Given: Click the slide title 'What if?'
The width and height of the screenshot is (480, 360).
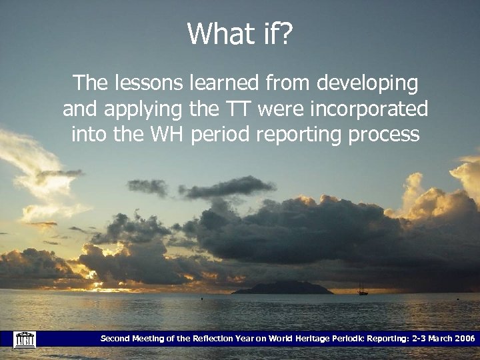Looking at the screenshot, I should [x=240, y=33].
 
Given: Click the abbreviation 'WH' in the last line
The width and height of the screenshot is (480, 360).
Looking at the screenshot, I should [x=166, y=134].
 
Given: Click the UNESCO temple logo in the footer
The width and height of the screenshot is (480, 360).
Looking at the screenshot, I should [x=24, y=339].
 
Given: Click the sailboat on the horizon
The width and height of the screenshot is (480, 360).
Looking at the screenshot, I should [x=363, y=289].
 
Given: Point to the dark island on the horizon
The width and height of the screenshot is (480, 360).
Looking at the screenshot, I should [x=283, y=288].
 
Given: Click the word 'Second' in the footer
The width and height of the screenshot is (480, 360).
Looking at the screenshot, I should [x=115, y=339].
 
